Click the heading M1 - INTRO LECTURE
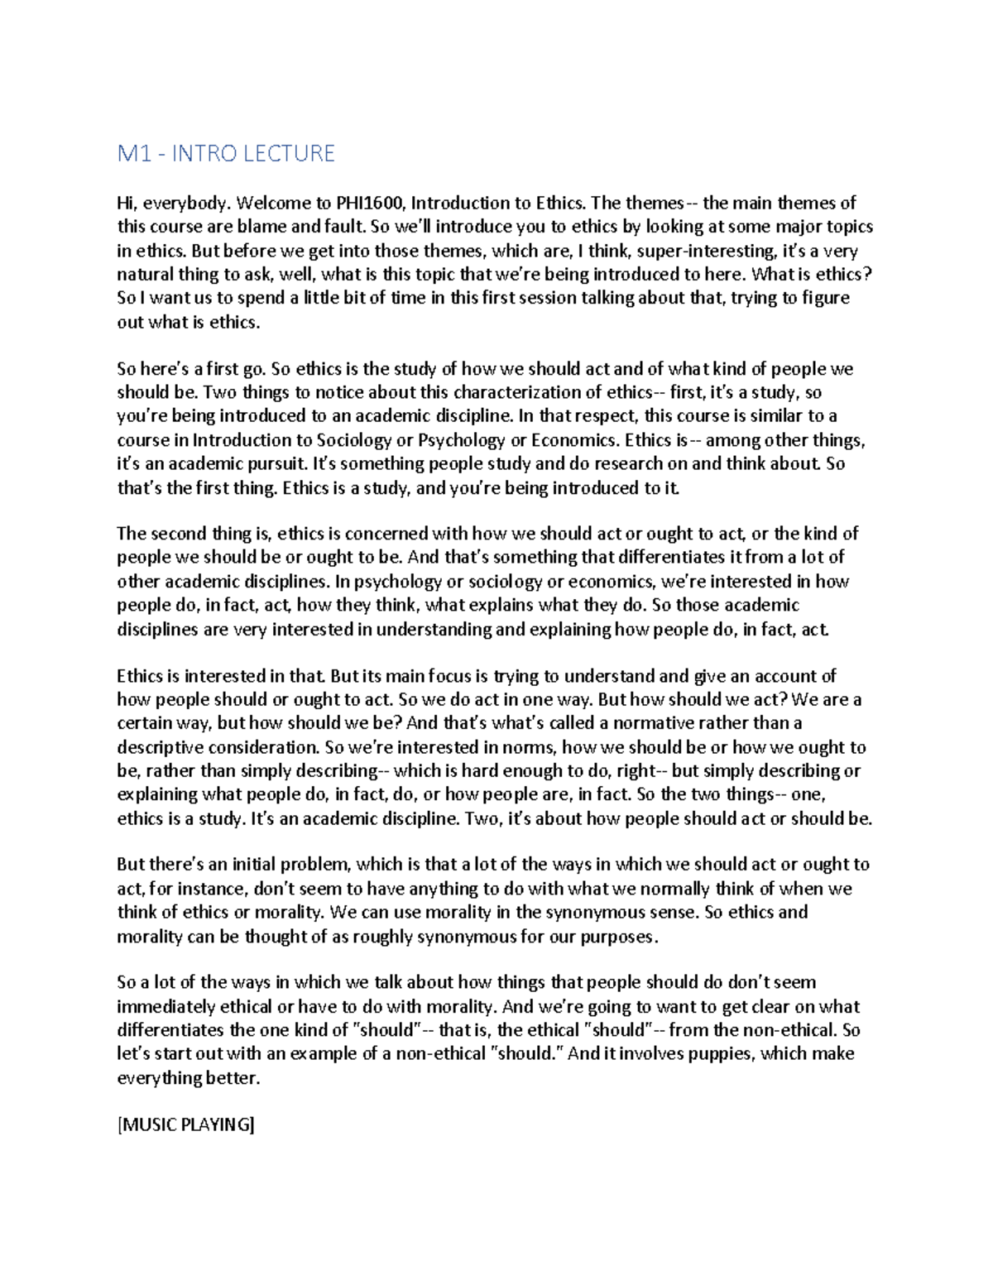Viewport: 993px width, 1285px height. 226,154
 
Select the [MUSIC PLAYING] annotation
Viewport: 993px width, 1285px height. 186,1125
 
